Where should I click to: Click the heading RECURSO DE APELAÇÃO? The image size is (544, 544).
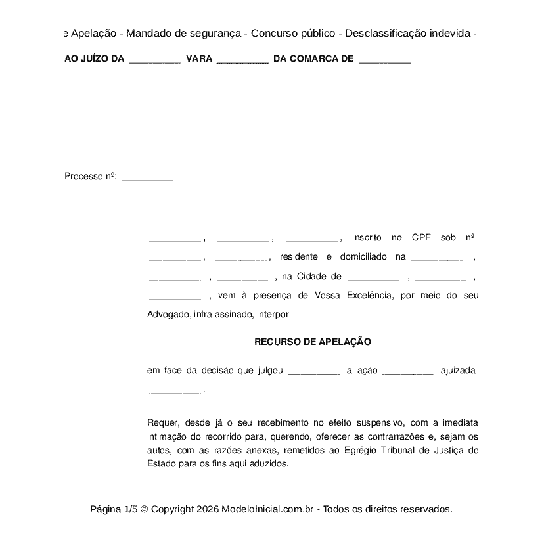click(312, 342)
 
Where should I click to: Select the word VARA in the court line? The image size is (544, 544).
click(199, 58)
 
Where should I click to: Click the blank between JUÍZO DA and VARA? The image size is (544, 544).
click(155, 60)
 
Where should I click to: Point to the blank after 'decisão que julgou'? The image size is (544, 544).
click(314, 371)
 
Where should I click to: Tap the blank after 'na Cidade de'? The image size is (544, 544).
click(373, 277)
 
